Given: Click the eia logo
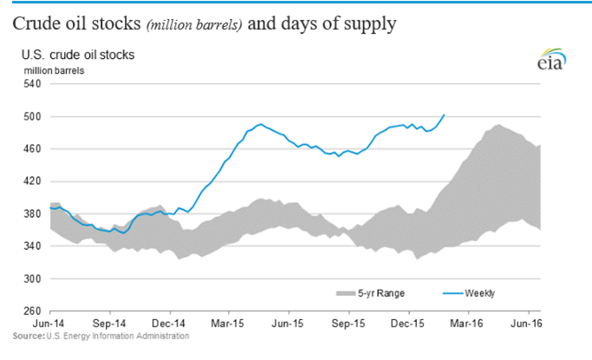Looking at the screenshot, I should pos(550,62).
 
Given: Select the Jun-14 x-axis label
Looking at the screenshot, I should pos(50,323).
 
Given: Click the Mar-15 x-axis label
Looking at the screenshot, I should pos(228,323).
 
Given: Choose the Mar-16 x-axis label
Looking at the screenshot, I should pos(466,323).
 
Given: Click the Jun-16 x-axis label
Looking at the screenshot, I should pos(525,323).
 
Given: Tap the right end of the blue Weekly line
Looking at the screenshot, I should pos(445,115).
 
